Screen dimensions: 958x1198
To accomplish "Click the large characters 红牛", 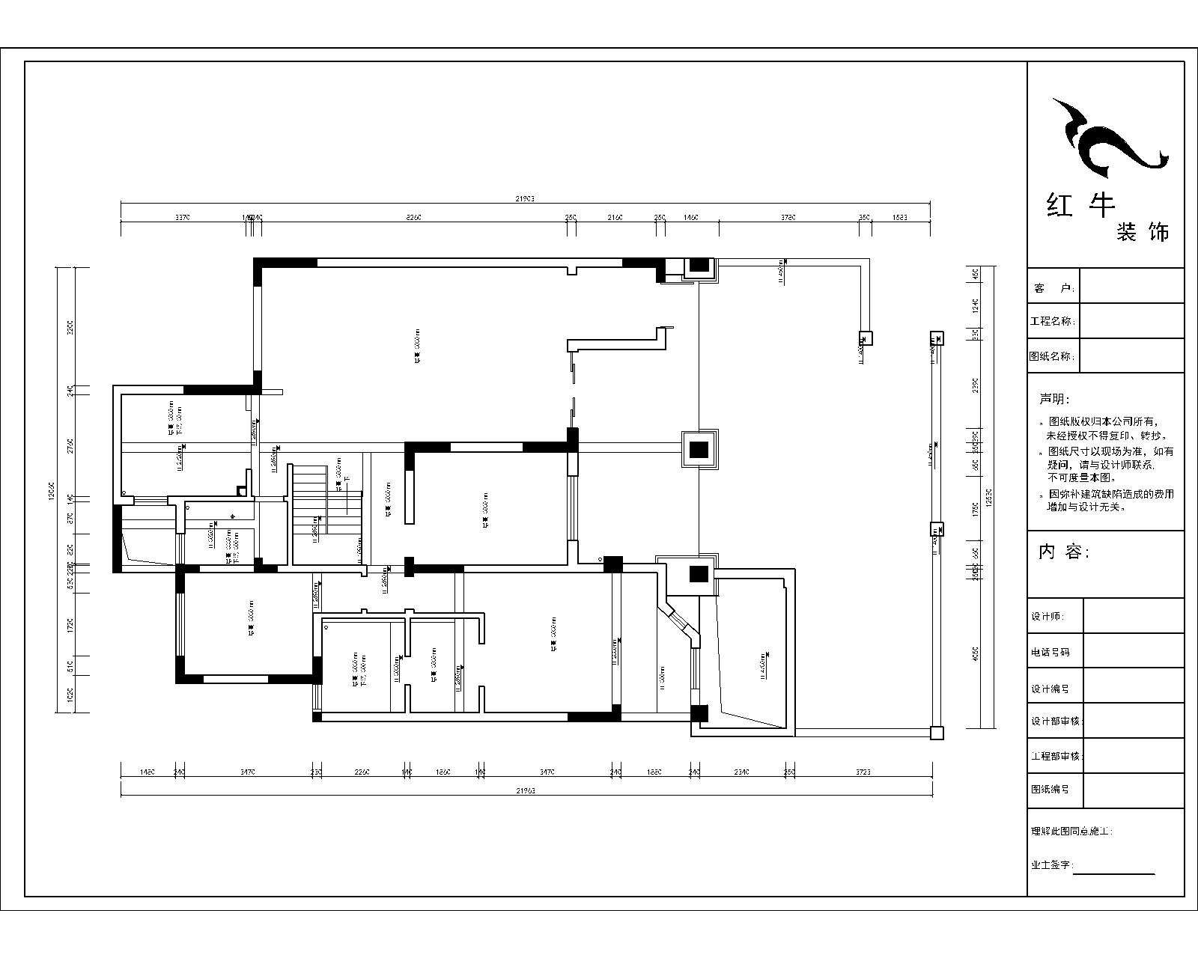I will (x=1080, y=204).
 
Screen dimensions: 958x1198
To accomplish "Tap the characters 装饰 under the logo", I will (x=1142, y=231).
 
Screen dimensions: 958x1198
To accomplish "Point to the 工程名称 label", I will (x=1053, y=322).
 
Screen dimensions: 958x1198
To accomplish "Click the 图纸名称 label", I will (x=1053, y=357).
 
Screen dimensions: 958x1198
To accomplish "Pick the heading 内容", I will (x=1064, y=552).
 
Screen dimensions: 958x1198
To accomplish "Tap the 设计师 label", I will (x=1047, y=617).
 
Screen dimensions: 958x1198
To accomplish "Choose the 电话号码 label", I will (x=1050, y=652).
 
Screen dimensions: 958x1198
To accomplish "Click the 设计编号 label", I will (x=1050, y=689).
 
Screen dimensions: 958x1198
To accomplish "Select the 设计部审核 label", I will (x=1056, y=721).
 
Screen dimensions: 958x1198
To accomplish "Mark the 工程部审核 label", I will (x=1056, y=757).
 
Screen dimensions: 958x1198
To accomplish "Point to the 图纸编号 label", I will (x=1050, y=789).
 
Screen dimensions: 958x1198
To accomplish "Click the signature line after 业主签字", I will (x=1114, y=873).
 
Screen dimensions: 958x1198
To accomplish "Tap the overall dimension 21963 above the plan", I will (x=525, y=199).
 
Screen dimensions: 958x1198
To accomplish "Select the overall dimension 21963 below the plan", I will (x=526, y=790).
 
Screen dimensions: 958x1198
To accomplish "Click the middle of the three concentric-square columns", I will (x=699, y=449).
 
